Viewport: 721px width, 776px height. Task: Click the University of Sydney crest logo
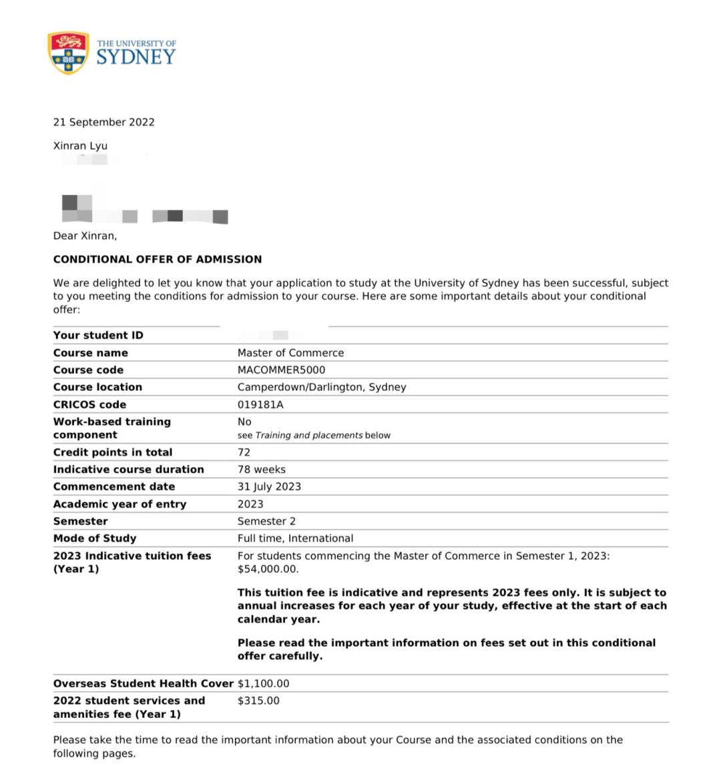(x=68, y=53)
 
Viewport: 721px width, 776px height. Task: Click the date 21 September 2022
(x=104, y=122)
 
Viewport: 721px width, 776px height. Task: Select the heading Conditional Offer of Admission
(x=158, y=259)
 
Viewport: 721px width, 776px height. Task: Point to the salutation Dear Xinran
(x=85, y=236)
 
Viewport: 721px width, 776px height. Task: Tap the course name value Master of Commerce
(x=290, y=353)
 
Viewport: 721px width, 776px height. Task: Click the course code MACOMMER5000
(x=281, y=370)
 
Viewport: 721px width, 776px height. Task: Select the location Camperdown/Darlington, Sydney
(x=322, y=387)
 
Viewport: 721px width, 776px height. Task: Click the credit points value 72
(x=244, y=452)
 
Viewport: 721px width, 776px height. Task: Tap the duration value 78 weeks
(x=262, y=470)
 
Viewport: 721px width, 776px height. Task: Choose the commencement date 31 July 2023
(x=269, y=487)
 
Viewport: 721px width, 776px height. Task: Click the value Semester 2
(x=266, y=521)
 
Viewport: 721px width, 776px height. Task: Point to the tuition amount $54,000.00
(x=268, y=569)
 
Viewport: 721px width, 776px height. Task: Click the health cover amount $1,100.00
(x=264, y=683)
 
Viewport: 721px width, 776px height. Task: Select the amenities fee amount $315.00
(x=258, y=701)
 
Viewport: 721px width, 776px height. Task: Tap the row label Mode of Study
(x=95, y=538)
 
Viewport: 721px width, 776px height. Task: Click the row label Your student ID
(x=98, y=336)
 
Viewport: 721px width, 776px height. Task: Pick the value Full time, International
(x=295, y=538)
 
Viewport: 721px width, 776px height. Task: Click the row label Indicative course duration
(x=129, y=470)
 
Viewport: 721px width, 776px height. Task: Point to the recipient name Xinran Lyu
(x=80, y=145)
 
